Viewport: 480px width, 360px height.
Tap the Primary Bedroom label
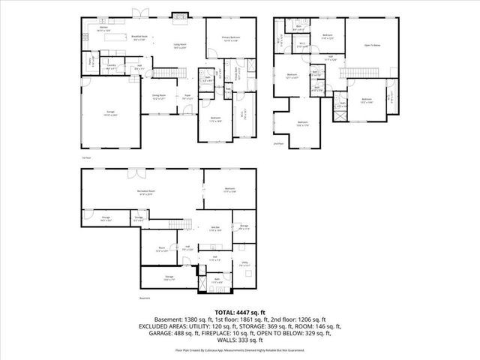point(229,38)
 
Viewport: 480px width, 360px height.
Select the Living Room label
point(180,46)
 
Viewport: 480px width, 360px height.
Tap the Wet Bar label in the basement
point(214,229)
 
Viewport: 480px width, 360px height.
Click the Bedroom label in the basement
point(229,189)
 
